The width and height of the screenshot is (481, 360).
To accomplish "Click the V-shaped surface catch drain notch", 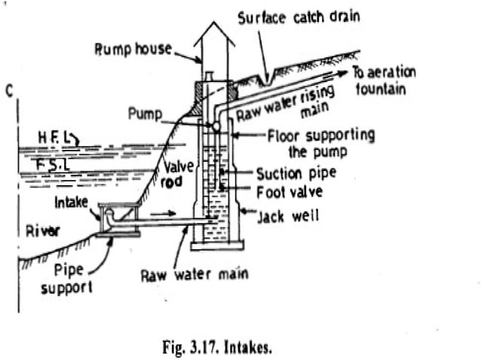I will point(263,75).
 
